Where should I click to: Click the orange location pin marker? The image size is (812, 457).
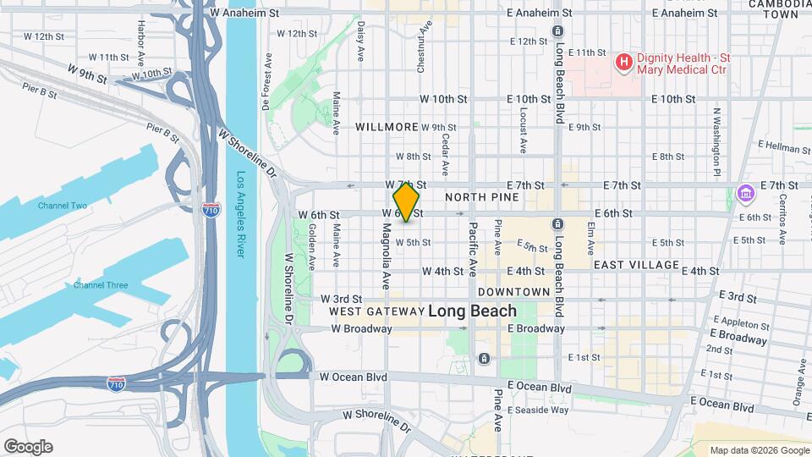coord(406,201)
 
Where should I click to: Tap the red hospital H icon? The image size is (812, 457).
coord(624,62)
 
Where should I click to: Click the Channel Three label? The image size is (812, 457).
coord(101,285)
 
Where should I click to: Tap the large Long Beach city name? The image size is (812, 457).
coord(472,311)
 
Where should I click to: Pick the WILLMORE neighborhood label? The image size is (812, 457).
coord(387,127)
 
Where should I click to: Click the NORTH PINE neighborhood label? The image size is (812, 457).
coord(481,197)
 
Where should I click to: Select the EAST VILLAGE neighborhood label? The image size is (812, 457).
coord(636,265)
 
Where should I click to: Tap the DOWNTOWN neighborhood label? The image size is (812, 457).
coord(514,291)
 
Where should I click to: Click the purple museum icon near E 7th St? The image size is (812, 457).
coord(745,194)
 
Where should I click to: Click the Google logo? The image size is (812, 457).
coord(28,447)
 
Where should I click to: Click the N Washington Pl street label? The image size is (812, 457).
coord(716,141)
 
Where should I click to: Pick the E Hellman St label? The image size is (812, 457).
coord(784,148)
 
